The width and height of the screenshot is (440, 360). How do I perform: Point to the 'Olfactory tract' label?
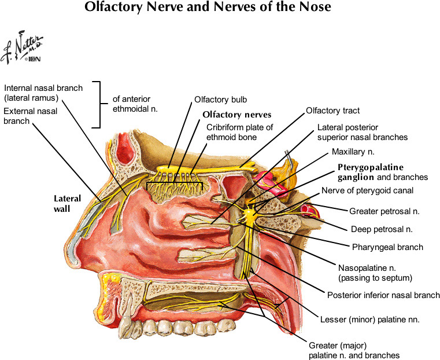pyautogui.click(x=332, y=111)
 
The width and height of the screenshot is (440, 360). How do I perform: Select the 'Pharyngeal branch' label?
pyautogui.click(x=387, y=247)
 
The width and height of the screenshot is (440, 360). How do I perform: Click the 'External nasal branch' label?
pyautogui.click(x=31, y=116)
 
